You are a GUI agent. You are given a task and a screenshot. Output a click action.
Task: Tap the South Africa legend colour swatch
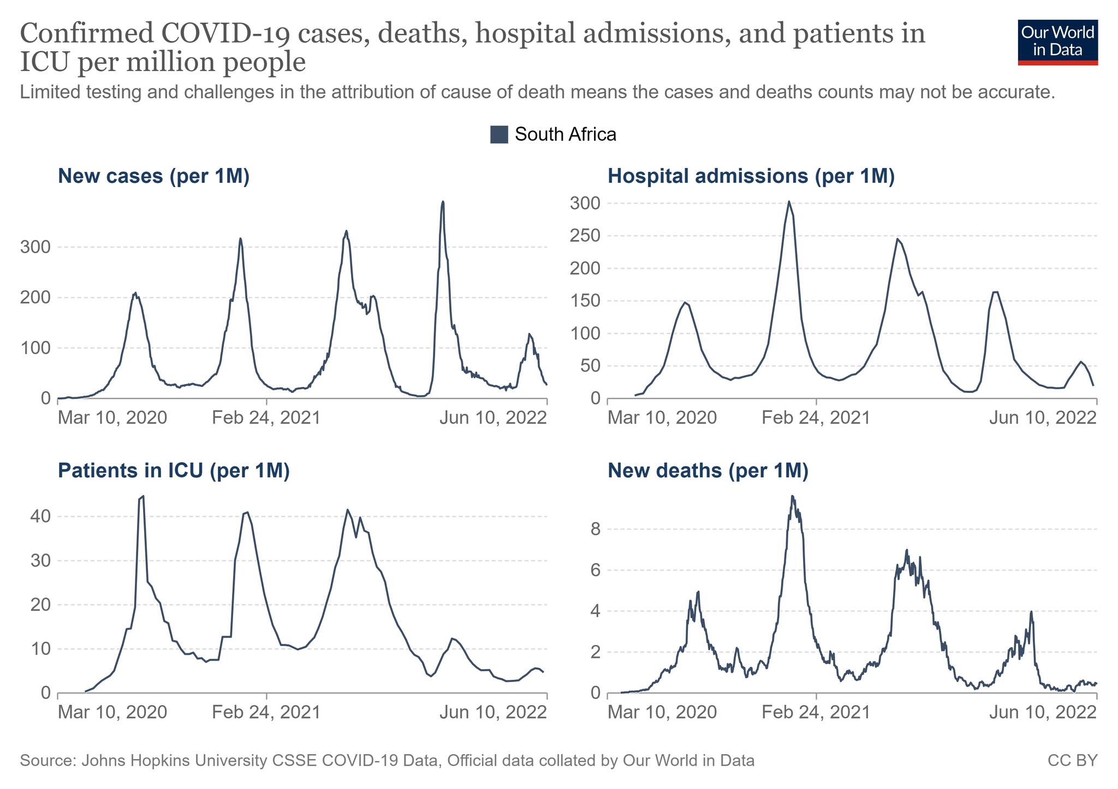[499, 134]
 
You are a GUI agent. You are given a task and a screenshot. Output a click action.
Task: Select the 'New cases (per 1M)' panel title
[153, 177]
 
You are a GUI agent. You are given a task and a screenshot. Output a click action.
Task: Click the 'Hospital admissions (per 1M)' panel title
[751, 177]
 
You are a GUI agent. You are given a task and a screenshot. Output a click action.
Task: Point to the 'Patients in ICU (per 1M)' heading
[174, 471]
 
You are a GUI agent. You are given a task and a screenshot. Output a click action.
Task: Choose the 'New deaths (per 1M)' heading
[707, 471]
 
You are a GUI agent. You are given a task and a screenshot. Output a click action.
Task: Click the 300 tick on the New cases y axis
[35, 247]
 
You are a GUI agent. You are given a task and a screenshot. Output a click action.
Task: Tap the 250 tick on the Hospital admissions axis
[585, 236]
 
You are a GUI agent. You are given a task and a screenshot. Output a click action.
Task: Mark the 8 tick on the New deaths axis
[594, 529]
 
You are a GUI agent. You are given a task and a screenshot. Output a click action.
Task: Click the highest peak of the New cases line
[443, 202]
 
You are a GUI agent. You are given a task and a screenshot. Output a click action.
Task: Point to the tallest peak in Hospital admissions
[789, 201]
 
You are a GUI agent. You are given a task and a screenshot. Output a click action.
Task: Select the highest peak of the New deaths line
[792, 496]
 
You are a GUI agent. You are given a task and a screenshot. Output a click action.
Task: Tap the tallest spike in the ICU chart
[142, 496]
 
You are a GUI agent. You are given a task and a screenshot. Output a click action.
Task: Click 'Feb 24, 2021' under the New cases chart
[266, 418]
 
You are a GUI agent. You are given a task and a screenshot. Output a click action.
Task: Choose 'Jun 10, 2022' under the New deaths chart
[1043, 713]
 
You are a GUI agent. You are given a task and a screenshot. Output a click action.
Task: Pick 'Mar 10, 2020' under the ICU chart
[112, 713]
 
